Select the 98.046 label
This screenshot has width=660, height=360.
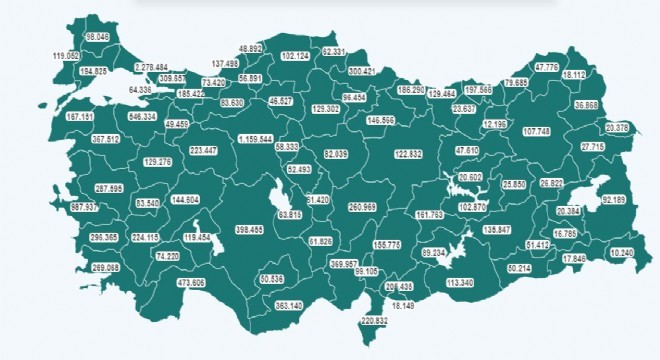pyautogui.click(x=98, y=36)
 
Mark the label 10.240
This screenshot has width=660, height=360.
pyautogui.click(x=621, y=253)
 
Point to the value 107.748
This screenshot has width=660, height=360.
pyautogui.click(x=537, y=131)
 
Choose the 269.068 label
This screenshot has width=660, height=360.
pyautogui.click(x=105, y=268)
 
